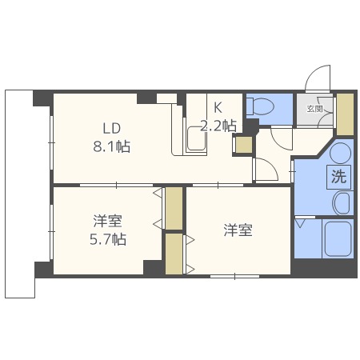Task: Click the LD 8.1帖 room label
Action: (111, 137)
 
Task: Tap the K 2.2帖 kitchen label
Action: (218, 116)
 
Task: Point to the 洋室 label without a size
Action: (238, 230)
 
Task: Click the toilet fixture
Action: (261, 107)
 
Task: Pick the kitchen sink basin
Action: (195, 142)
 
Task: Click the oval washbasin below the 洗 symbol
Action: (341, 203)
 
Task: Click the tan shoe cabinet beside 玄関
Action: (345, 114)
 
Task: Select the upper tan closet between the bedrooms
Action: (174, 208)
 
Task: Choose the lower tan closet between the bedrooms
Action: (174, 254)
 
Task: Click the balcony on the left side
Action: (20, 192)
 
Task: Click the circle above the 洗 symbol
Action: (339, 152)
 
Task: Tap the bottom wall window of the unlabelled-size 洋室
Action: (234, 276)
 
